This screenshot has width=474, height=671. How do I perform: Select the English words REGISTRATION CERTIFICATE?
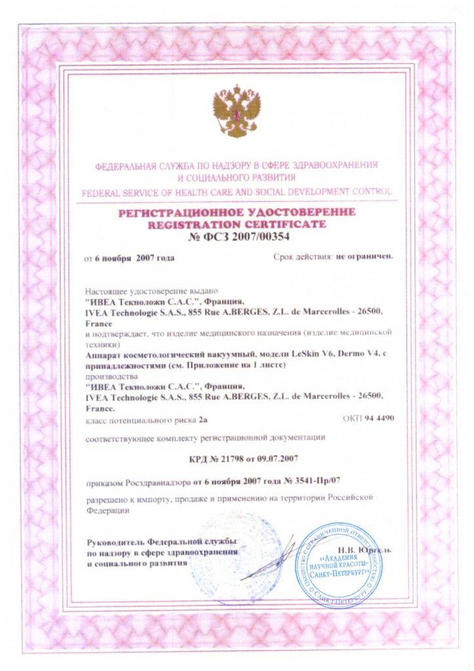237,224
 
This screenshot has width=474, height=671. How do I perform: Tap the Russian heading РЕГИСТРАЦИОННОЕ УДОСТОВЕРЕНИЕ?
237,212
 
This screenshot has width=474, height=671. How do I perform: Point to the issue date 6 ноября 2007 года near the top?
135,259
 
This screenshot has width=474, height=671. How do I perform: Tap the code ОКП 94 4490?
368,417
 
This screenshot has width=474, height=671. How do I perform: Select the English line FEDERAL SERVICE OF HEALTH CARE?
237,192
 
